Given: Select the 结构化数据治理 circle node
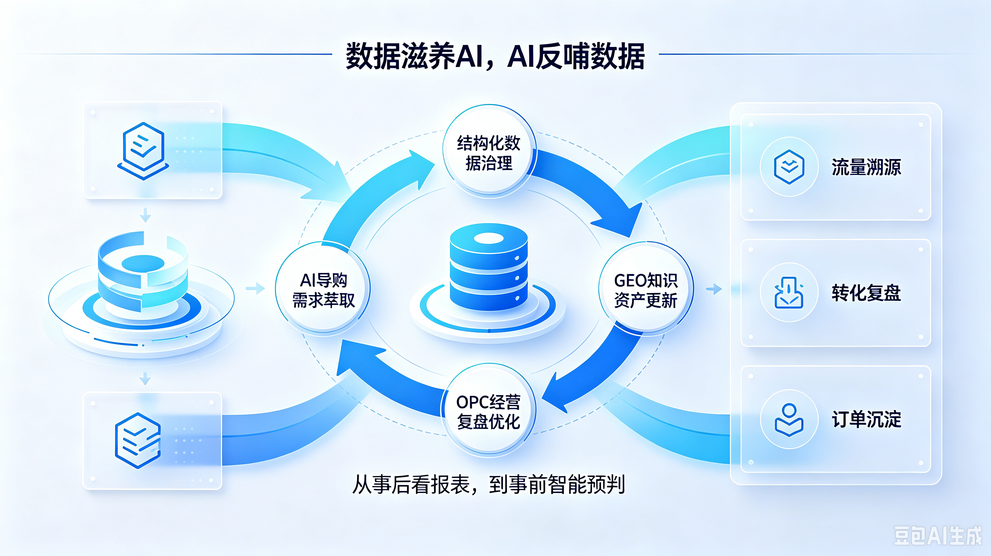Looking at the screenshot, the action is click(489, 152).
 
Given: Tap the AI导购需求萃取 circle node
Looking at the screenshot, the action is click(323, 289).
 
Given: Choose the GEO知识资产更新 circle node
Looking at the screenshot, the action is click(646, 289).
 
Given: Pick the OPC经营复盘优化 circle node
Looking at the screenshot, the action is click(488, 410).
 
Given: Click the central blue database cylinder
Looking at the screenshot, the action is click(489, 268).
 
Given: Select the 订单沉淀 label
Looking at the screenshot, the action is click(866, 419).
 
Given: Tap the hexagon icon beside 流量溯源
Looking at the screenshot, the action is click(789, 167).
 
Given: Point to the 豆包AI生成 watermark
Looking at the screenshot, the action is click(938, 535).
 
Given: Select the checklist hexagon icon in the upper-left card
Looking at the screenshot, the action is click(143, 151).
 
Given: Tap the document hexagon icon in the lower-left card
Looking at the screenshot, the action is click(138, 440).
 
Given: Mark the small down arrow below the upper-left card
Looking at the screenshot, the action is click(145, 215).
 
